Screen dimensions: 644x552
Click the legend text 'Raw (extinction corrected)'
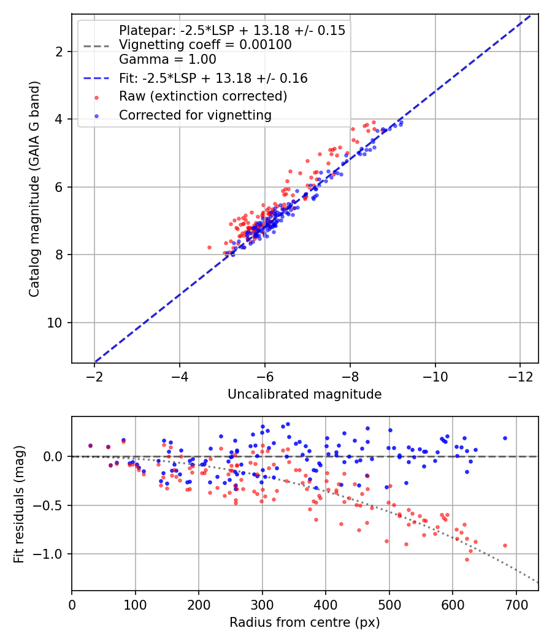(x=203, y=96)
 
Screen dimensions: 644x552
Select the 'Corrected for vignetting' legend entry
(x=195, y=115)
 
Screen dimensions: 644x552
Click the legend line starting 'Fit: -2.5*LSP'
(x=213, y=79)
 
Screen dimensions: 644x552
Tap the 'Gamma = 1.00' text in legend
(x=167, y=59)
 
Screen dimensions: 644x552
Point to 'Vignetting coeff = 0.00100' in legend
(x=205, y=45)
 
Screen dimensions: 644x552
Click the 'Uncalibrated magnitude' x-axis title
(x=305, y=394)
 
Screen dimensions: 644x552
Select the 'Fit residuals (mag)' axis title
(x=19, y=504)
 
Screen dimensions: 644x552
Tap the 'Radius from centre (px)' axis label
(x=305, y=623)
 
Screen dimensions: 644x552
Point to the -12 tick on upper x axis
(x=520, y=375)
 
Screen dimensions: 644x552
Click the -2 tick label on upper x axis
(x=94, y=375)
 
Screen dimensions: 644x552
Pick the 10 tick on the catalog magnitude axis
(x=55, y=323)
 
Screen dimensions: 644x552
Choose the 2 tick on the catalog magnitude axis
(x=59, y=52)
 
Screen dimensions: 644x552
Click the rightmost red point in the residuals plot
(x=505, y=545)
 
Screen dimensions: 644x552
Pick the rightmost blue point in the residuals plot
(x=505, y=438)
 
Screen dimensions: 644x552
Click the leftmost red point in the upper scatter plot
(x=209, y=247)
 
